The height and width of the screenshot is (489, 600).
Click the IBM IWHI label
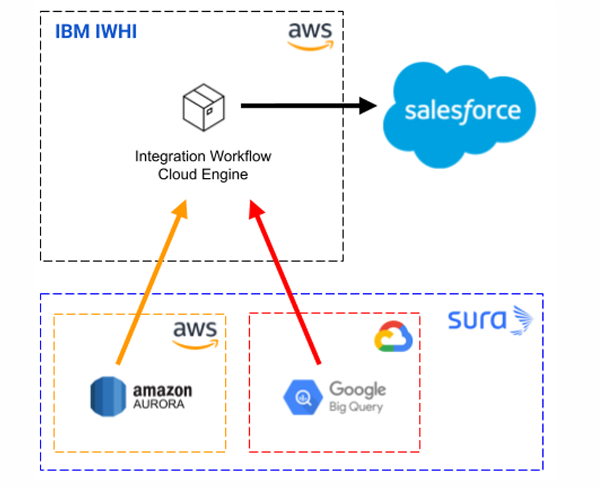pos(95,31)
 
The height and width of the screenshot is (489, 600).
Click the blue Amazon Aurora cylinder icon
pos(107,396)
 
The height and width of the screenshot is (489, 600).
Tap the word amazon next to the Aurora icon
pos(162,390)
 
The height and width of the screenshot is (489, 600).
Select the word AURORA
pos(159,404)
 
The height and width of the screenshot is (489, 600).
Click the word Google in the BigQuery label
pos(357,389)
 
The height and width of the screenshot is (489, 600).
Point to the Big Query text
pos(355,406)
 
